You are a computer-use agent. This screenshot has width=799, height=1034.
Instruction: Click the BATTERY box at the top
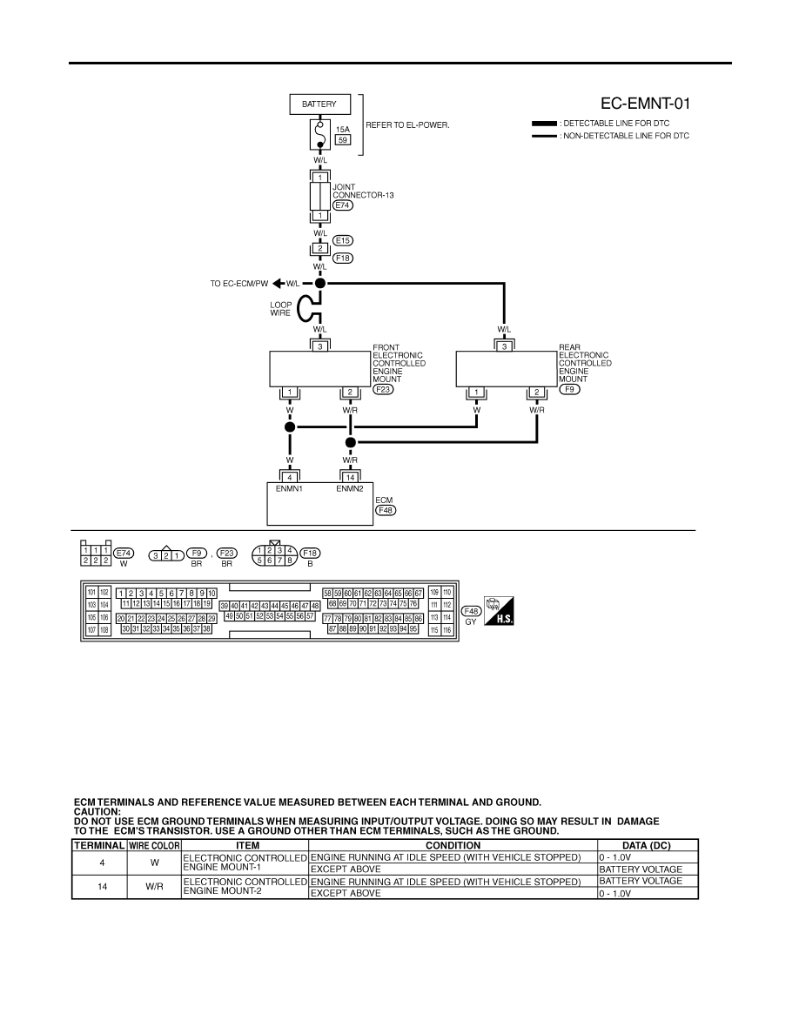(319, 104)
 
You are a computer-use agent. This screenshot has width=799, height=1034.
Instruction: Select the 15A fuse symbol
(319, 135)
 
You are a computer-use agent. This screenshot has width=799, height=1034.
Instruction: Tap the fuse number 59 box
(343, 140)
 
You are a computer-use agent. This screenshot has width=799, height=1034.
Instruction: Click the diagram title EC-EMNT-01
(646, 104)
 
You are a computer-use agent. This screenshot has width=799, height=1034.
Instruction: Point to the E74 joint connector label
(343, 205)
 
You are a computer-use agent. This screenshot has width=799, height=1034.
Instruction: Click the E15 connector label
(343, 241)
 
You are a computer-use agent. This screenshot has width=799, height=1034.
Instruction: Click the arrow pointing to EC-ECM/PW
(278, 284)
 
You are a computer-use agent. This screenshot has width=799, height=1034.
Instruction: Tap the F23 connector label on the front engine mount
(383, 389)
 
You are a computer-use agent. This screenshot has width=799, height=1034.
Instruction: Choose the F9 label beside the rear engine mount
(569, 389)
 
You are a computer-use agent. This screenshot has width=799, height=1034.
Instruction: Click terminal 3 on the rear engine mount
(504, 346)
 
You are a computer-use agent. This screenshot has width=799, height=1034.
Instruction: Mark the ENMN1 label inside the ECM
(289, 488)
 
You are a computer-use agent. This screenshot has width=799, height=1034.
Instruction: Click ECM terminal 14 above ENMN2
(350, 478)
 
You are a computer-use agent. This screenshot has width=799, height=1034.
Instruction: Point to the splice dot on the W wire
(290, 427)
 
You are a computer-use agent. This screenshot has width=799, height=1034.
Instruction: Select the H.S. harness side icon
(499, 611)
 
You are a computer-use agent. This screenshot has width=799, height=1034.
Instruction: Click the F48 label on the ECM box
(386, 510)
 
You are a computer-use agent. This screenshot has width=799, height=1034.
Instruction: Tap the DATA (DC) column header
(647, 845)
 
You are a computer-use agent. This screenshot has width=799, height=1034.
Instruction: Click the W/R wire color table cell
(154, 886)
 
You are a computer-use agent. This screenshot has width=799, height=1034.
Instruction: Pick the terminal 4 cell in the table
(102, 863)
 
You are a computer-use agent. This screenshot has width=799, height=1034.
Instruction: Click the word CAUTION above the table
(97, 812)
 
